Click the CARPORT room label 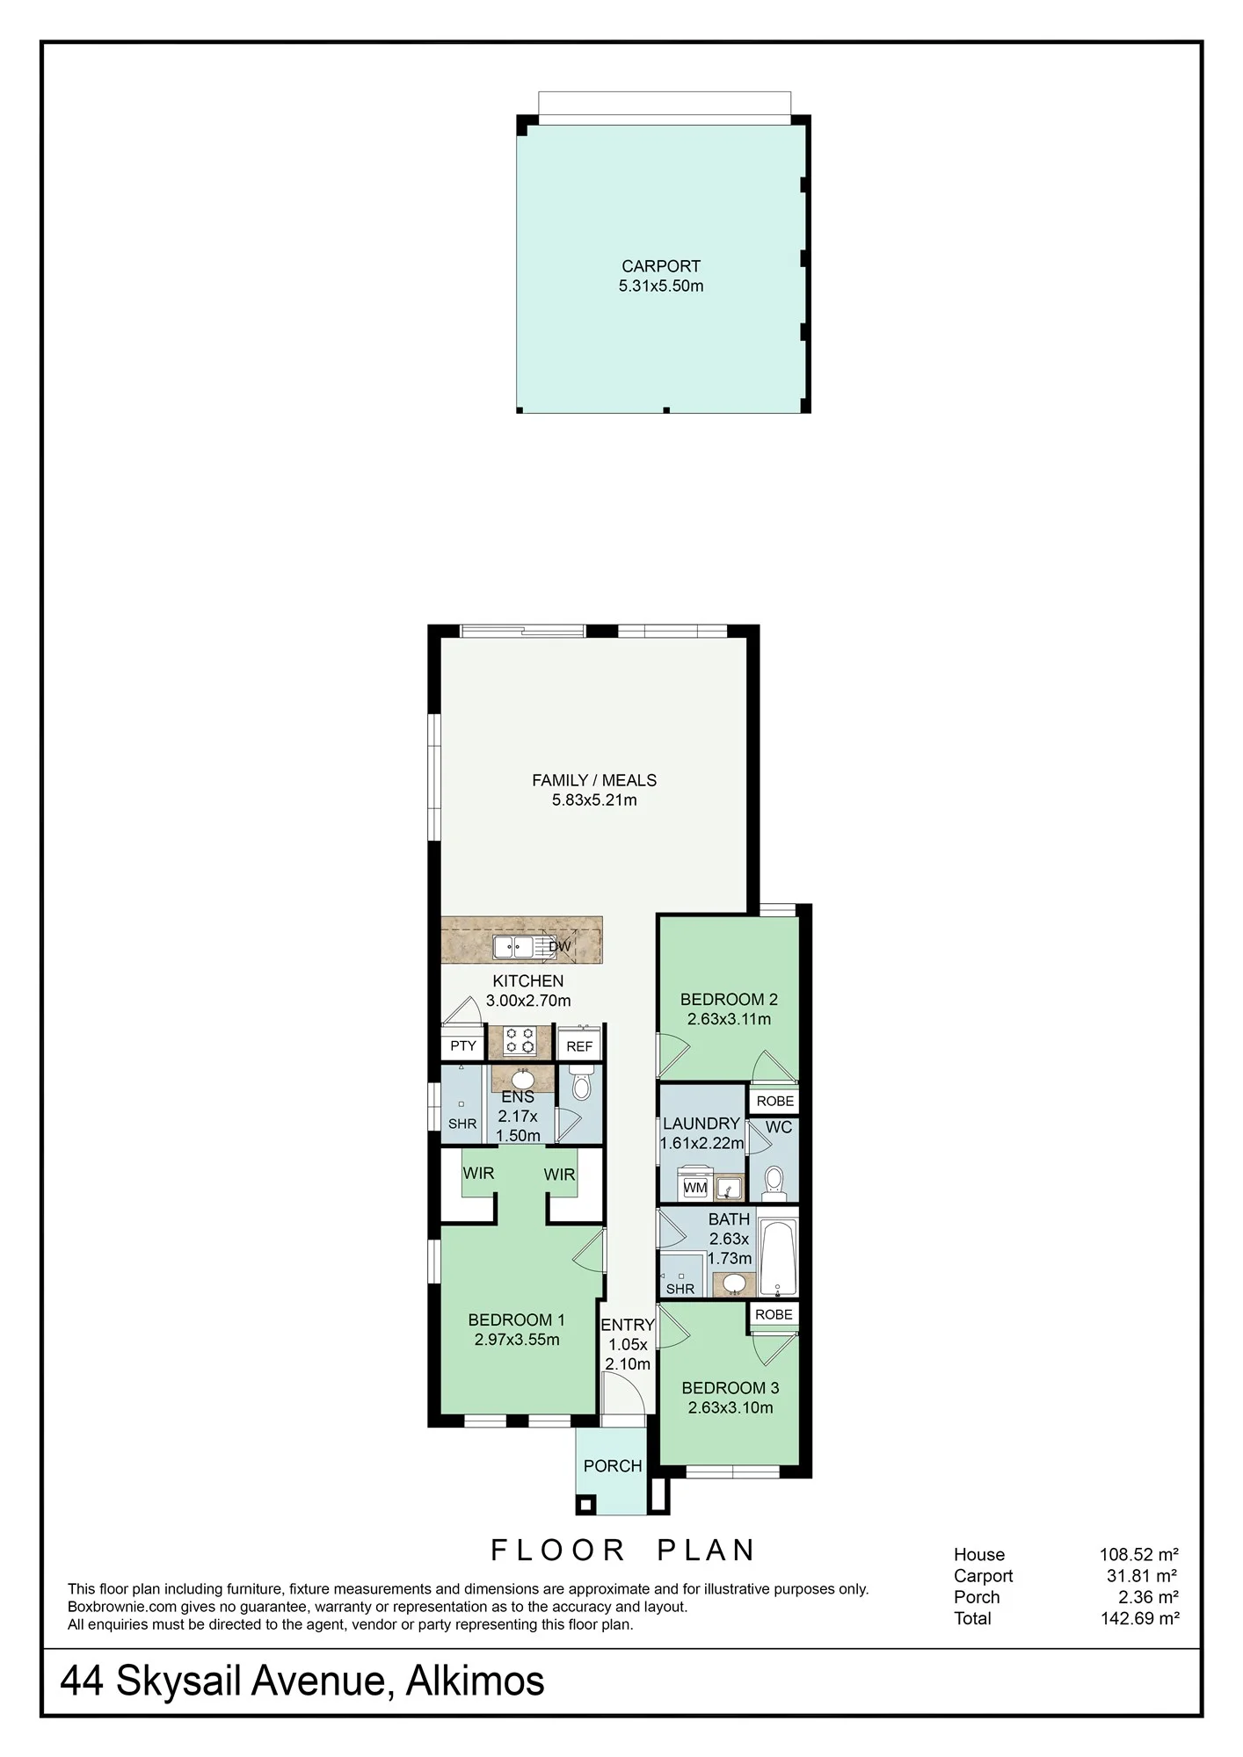pos(661,266)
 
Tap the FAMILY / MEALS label pos(594,780)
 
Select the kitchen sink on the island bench pos(512,946)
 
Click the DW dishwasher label pos(560,946)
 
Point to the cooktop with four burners pos(520,1041)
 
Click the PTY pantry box pos(462,1045)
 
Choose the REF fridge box pos(579,1045)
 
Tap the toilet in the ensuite pos(581,1084)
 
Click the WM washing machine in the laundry pos(695,1186)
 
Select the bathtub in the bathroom pos(778,1257)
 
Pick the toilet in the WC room pos(774,1182)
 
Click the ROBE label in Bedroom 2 pos(774,1101)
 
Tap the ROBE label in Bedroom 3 pos(774,1314)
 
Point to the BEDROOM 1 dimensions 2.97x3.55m pos(517,1340)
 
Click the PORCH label pos(613,1465)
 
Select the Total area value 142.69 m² pos(1139,1618)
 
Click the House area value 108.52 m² pos(1139,1554)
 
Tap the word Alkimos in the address pos(475,1681)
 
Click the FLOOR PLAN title pos(622,1550)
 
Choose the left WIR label pos(479,1173)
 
